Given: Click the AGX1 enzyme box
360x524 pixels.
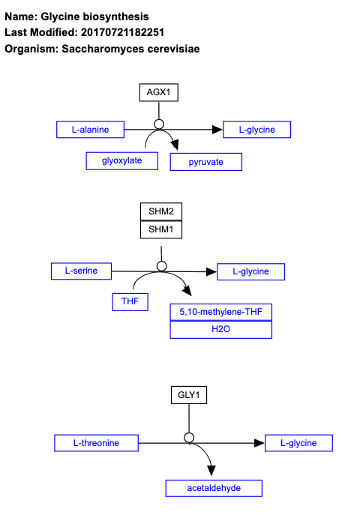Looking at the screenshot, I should (x=158, y=92).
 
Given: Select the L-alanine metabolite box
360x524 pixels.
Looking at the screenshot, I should (x=90, y=130).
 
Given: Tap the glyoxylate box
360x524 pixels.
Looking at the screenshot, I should (x=121, y=160).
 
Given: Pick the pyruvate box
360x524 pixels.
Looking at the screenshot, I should (x=206, y=162).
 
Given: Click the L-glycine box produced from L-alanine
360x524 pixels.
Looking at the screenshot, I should (x=256, y=130).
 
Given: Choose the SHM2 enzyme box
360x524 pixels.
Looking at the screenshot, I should (x=160, y=211).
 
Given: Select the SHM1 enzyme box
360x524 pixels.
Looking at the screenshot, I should (x=160, y=229).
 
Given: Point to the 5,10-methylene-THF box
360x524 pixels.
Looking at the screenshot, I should (x=220, y=312).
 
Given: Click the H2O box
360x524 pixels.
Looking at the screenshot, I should (x=220, y=330).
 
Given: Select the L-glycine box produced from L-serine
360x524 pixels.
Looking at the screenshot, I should (x=250, y=271).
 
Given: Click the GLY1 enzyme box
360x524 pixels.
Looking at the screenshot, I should (x=188, y=394).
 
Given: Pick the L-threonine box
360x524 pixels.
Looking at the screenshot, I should (x=96, y=443).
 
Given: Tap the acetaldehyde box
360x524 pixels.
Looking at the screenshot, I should (x=214, y=488).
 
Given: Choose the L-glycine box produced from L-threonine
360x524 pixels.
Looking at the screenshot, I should (x=298, y=443).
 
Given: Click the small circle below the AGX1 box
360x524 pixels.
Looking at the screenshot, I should (x=158, y=124).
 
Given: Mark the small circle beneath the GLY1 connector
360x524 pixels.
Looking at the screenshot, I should (x=189, y=437).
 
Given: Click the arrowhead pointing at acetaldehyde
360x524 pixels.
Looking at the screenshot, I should (x=211, y=469).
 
